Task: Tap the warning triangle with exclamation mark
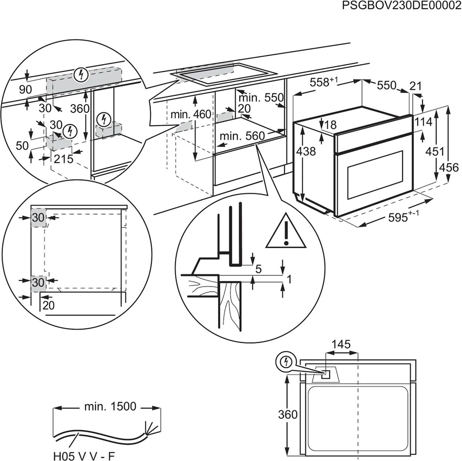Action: pyautogui.click(x=286, y=230)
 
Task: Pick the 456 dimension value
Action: pyautogui.click(x=449, y=167)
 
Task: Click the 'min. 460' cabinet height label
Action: pyautogui.click(x=191, y=114)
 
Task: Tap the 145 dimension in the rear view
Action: pyautogui.click(x=341, y=344)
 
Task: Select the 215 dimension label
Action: pyautogui.click(x=64, y=159)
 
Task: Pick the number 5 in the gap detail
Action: pyautogui.click(x=258, y=268)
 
